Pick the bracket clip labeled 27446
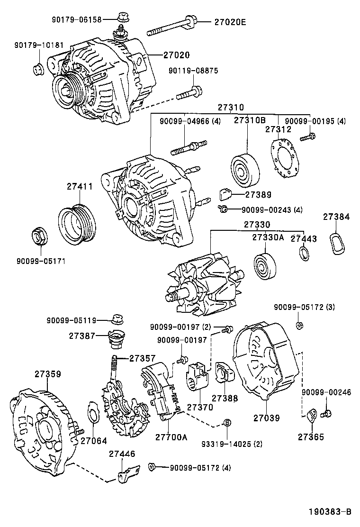tap(128, 474)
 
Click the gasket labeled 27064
tap(93, 412)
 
